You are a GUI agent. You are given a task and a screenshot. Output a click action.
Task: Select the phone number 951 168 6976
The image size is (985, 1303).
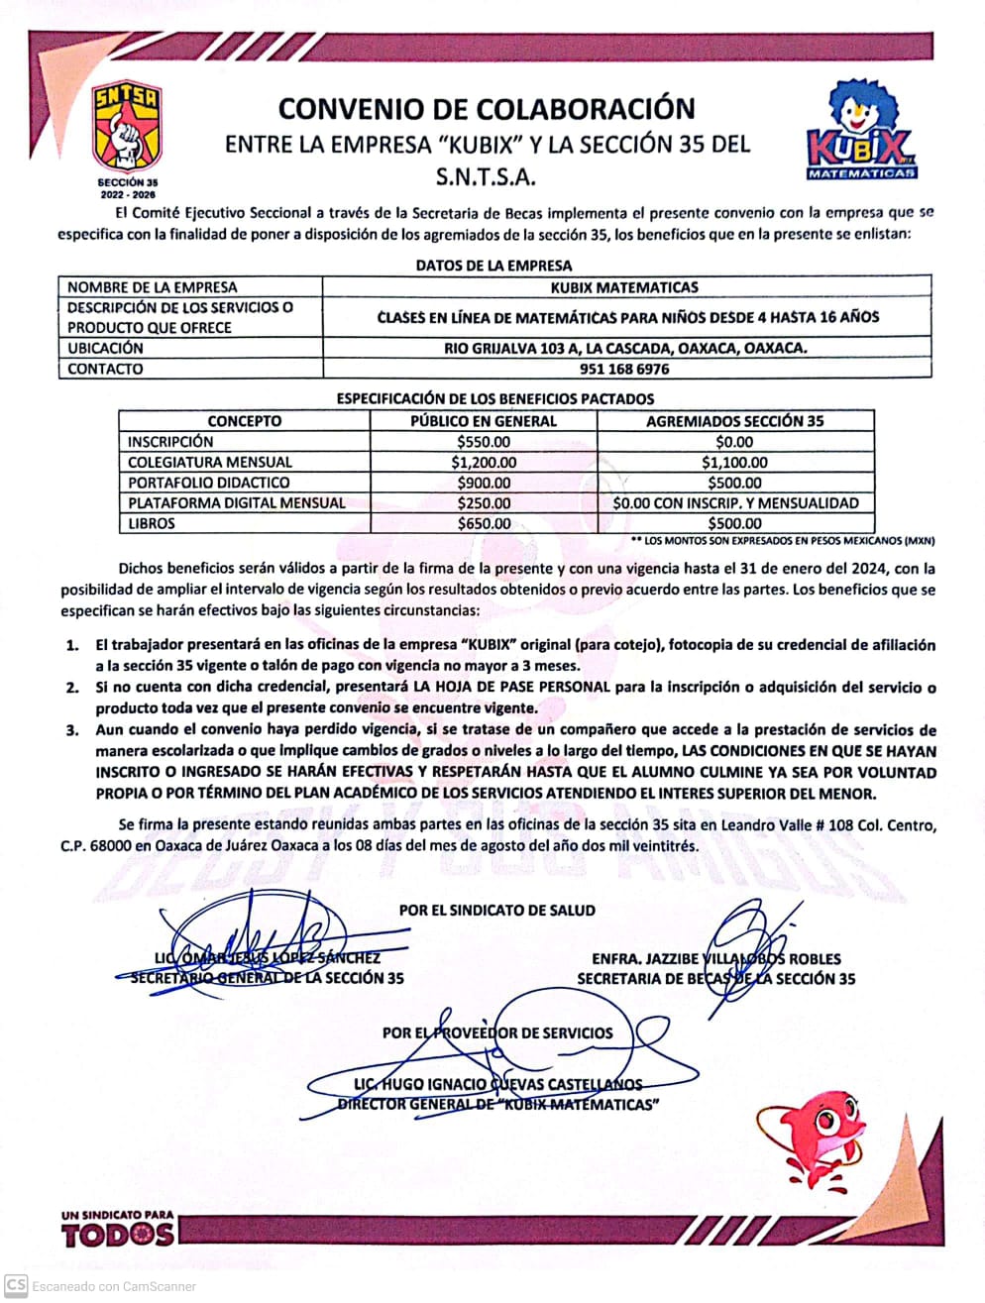(x=624, y=370)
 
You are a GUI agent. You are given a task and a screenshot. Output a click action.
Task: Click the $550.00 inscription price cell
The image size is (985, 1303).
(x=484, y=442)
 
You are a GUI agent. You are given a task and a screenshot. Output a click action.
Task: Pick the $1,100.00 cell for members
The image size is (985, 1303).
(x=734, y=463)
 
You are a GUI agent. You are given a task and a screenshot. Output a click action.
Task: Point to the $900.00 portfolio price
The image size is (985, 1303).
(x=484, y=483)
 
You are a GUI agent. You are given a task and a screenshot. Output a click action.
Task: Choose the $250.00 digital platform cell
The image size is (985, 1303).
(x=484, y=503)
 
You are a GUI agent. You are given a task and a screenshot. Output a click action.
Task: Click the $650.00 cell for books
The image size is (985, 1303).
(x=484, y=524)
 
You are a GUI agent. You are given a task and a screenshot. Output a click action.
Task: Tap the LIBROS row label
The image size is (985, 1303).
(x=152, y=524)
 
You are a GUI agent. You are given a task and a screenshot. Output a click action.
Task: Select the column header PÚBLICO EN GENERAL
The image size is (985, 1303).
(x=484, y=421)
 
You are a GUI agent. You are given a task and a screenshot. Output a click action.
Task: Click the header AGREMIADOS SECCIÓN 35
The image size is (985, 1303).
(x=734, y=421)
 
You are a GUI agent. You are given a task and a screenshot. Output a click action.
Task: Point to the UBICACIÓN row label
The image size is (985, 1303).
(x=105, y=349)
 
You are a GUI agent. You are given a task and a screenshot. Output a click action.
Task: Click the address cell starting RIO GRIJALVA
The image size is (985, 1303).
(x=624, y=349)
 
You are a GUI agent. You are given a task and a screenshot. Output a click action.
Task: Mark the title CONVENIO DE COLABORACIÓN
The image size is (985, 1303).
(x=487, y=108)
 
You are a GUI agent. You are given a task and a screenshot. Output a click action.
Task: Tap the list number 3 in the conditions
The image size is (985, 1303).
(x=72, y=730)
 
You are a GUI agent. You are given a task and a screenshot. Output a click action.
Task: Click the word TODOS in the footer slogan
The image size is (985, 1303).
(x=118, y=1235)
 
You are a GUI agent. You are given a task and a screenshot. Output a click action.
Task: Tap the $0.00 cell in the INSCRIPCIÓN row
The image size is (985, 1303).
(x=734, y=442)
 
